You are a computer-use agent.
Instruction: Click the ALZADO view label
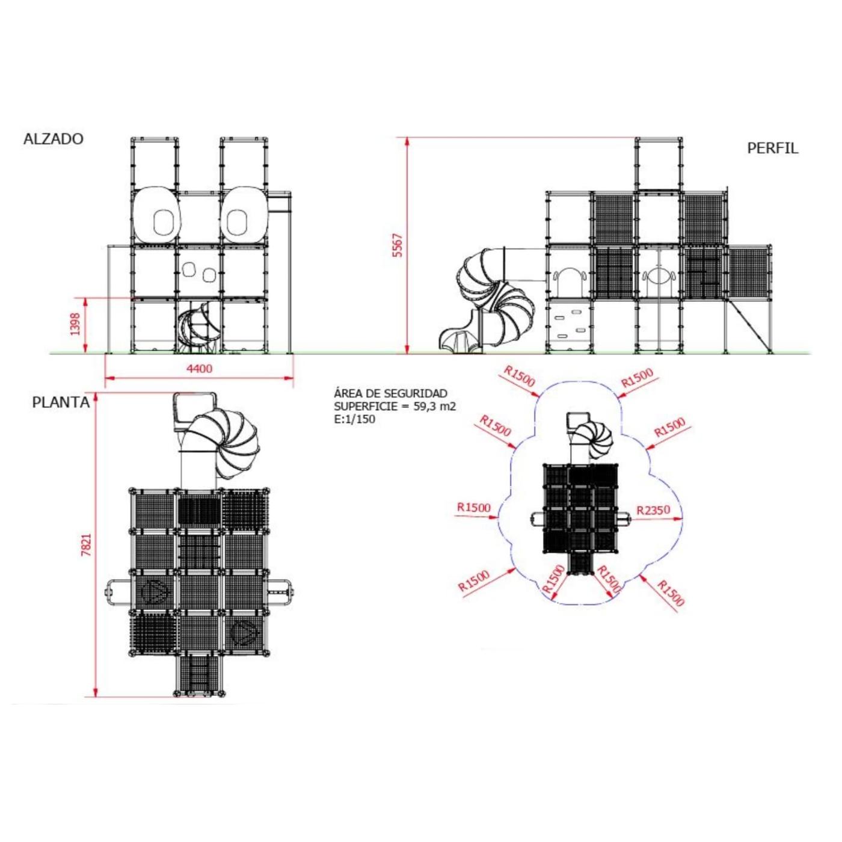(x=54, y=139)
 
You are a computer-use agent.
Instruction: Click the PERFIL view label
(x=772, y=148)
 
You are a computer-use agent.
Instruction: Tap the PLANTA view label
(x=61, y=402)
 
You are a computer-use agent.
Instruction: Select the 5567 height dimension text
(x=398, y=245)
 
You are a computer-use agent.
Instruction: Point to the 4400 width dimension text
(x=199, y=369)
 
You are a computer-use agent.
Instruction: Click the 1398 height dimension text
(x=75, y=324)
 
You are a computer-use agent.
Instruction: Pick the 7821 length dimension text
(x=86, y=544)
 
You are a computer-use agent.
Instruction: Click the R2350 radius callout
(x=653, y=510)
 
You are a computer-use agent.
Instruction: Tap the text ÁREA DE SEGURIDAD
(x=390, y=393)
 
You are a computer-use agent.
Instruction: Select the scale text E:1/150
(x=354, y=419)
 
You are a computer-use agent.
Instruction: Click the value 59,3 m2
(x=434, y=407)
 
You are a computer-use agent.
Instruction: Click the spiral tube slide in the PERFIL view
(x=493, y=301)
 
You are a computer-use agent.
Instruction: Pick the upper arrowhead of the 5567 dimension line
(x=407, y=142)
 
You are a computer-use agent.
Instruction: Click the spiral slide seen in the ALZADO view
(x=198, y=328)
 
